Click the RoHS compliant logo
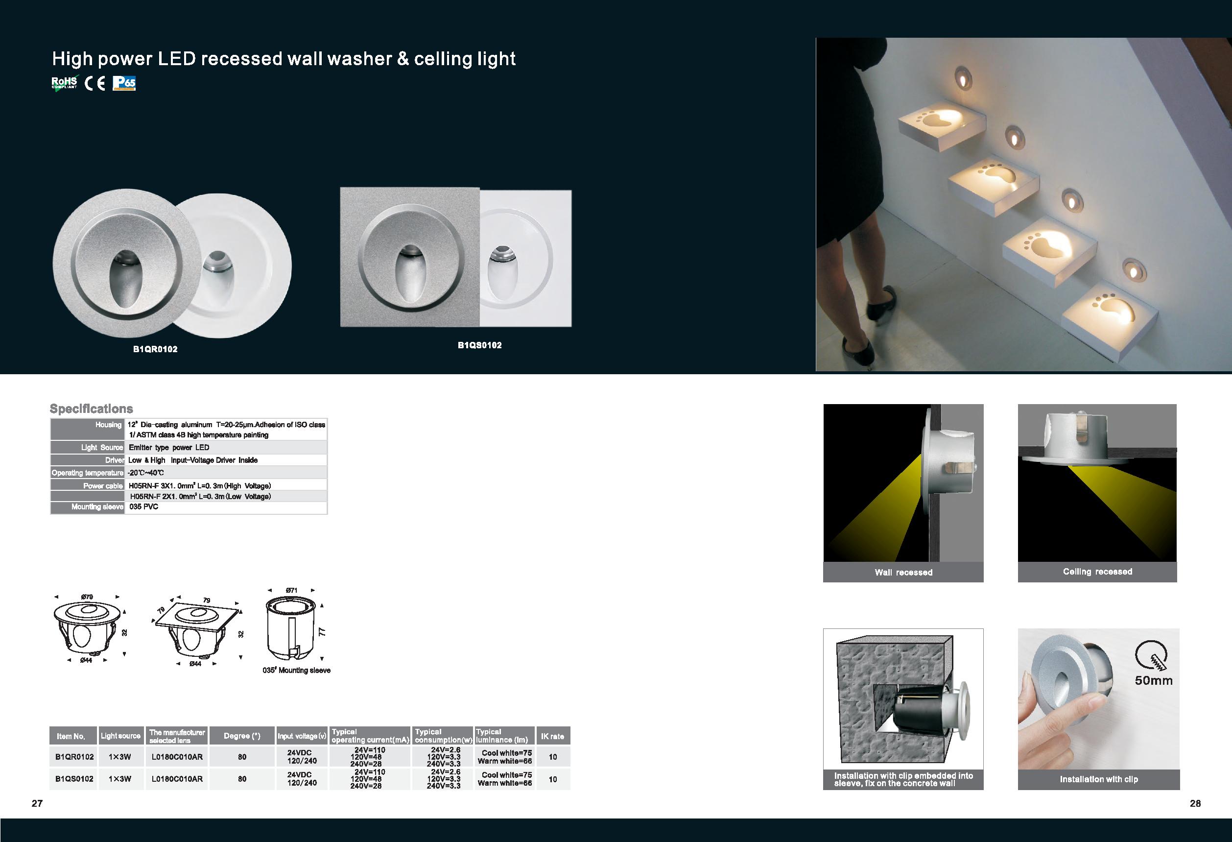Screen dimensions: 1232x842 click(x=65, y=83)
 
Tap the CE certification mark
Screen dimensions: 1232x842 click(x=95, y=83)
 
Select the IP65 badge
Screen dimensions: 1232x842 click(x=124, y=83)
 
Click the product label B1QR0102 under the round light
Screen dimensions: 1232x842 click(x=155, y=349)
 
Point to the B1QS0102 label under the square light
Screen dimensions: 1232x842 click(x=480, y=345)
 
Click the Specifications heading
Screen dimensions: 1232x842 click(x=91, y=409)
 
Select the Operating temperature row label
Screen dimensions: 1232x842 click(x=88, y=473)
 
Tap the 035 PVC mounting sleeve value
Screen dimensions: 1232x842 click(x=143, y=507)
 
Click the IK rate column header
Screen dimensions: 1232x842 click(x=553, y=737)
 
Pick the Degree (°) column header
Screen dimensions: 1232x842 click(x=242, y=736)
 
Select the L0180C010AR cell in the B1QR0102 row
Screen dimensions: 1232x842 click(x=177, y=757)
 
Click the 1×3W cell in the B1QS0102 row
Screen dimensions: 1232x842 click(x=120, y=779)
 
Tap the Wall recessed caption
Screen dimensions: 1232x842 click(x=903, y=572)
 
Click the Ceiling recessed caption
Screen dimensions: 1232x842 click(x=1097, y=572)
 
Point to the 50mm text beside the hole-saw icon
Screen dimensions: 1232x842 click(x=1154, y=680)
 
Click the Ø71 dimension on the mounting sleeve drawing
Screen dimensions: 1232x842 click(x=291, y=590)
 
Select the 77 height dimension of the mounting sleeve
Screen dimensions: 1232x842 click(x=322, y=631)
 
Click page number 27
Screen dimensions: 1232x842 click(x=37, y=803)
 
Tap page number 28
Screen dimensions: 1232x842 click(x=1195, y=803)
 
